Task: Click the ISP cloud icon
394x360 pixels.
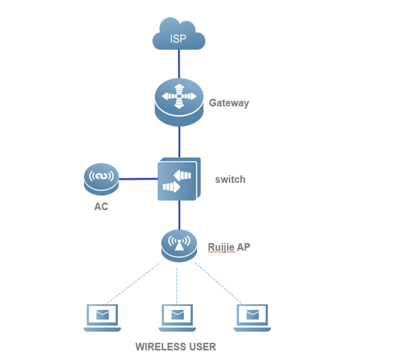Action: tap(179, 36)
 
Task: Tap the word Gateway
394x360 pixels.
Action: tap(229, 103)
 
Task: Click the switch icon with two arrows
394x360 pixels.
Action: tap(179, 179)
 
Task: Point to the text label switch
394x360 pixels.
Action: tap(230, 179)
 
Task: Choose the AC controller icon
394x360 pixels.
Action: tap(101, 178)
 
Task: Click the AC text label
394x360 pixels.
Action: tap(101, 206)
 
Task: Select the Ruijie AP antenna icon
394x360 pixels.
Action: tap(179, 245)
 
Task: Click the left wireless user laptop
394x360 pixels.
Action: tap(102, 318)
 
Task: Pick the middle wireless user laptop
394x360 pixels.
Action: tap(177, 318)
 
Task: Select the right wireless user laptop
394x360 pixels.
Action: tap(252, 318)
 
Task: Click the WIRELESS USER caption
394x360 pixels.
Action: tap(175, 347)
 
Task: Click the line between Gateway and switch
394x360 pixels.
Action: tap(179, 141)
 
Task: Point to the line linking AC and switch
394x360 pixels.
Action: tap(138, 179)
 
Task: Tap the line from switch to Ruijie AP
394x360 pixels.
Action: tap(179, 214)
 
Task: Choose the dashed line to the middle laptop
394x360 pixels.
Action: tap(177, 284)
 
